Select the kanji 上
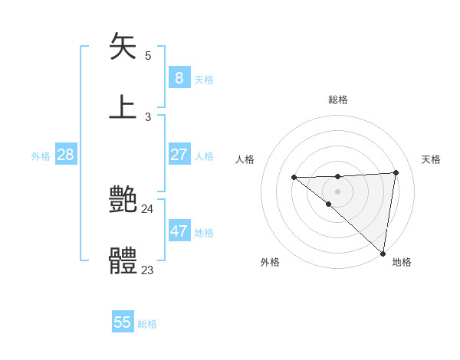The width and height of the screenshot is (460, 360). pos(123,106)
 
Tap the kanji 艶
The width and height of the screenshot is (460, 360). pos(123,200)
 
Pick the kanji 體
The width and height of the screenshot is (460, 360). pos(123,261)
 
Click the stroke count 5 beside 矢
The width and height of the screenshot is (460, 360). pos(148,56)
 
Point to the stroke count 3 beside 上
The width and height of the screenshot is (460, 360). pos(148,117)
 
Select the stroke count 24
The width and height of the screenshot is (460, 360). pos(147,209)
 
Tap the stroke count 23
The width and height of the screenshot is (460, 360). pos(147,270)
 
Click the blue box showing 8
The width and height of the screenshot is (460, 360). pos(179,77)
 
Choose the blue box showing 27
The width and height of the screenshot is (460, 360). pos(179,155)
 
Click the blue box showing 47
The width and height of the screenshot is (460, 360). pos(179,231)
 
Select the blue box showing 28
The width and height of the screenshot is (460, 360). pos(65,155)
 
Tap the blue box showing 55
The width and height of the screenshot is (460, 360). pos(123,322)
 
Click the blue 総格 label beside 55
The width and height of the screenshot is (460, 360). pos(147,324)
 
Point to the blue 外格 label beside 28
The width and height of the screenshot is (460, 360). pos(41,156)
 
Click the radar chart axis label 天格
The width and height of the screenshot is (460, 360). pos(431,159)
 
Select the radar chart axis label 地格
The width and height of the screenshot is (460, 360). pos(402,262)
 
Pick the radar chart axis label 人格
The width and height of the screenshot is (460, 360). pos(245,159)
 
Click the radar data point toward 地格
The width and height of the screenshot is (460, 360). pos(383,254)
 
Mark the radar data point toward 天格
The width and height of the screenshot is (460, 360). pos(396,172)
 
